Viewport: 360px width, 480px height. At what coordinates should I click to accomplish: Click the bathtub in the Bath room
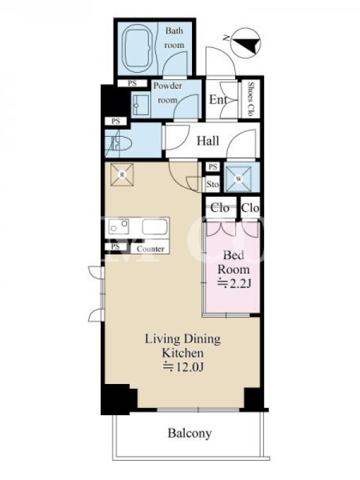click(137, 49)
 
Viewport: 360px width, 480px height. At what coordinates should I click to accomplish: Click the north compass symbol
click(245, 43)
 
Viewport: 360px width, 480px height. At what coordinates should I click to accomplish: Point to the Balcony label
click(190, 433)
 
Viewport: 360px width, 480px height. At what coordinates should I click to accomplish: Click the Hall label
click(208, 141)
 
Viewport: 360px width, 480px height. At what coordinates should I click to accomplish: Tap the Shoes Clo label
click(251, 98)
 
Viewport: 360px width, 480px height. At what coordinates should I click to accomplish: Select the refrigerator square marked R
click(122, 175)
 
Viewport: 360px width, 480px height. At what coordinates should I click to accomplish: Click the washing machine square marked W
click(239, 179)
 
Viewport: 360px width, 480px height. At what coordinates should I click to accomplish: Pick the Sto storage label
click(212, 184)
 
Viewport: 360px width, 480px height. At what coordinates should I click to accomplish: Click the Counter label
click(151, 249)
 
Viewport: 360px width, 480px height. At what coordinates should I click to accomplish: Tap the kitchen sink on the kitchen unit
click(155, 227)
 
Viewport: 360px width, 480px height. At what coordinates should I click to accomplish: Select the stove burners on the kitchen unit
click(119, 227)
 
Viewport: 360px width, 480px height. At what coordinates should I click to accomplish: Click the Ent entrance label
click(218, 100)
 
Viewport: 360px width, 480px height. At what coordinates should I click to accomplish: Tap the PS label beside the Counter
click(115, 247)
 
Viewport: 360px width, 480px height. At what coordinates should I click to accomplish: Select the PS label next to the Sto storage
click(213, 167)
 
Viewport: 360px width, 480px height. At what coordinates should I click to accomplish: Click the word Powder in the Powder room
click(168, 86)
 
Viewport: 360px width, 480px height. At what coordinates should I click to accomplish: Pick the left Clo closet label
click(220, 208)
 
